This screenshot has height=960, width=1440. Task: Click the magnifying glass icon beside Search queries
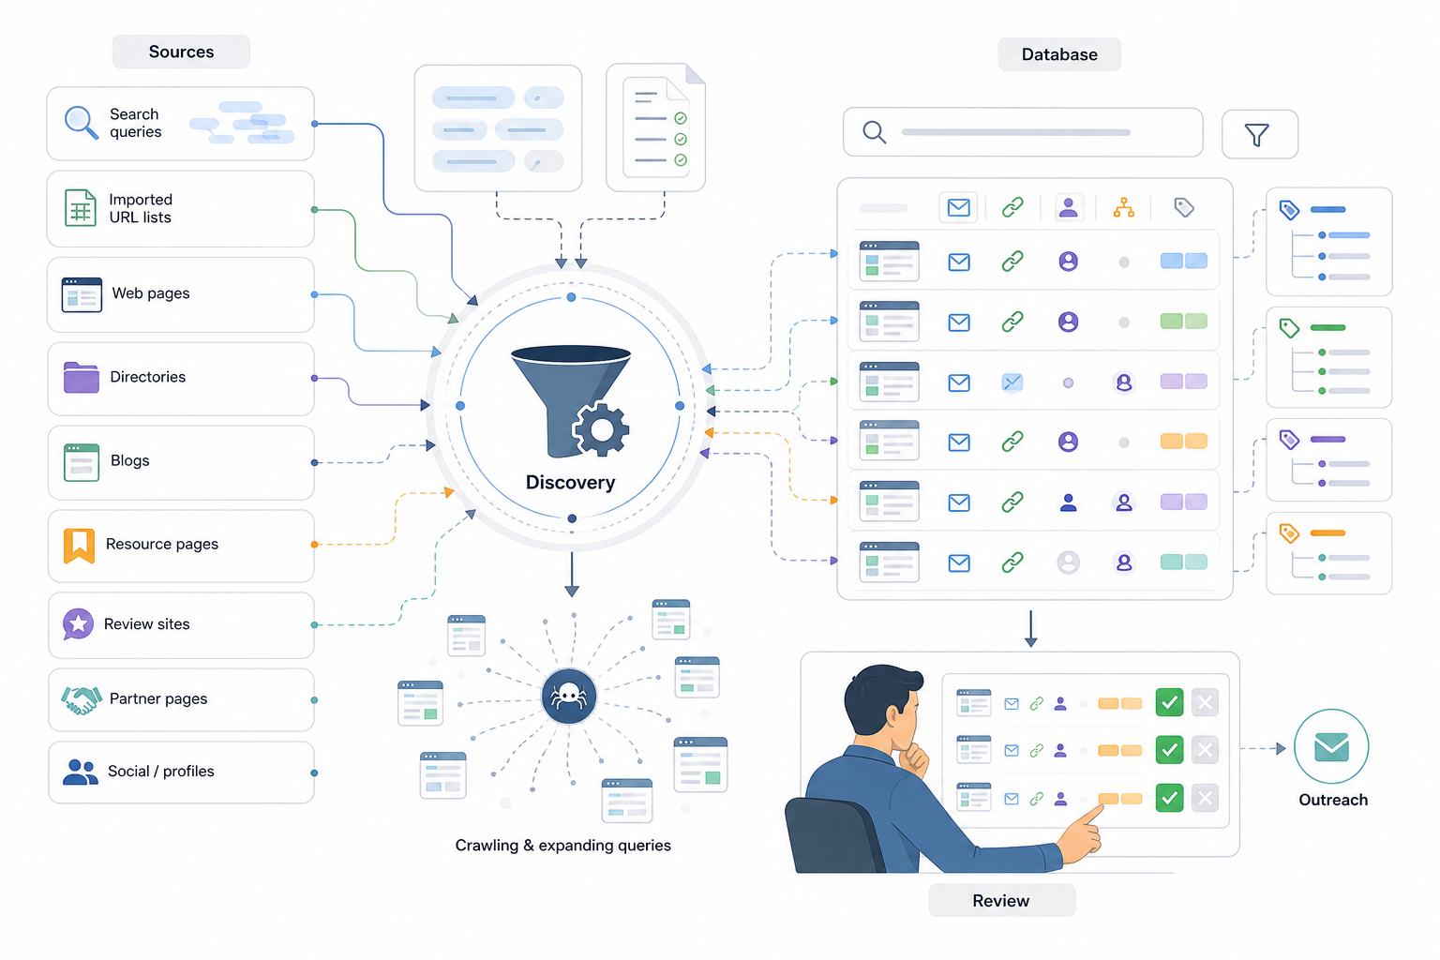(81, 122)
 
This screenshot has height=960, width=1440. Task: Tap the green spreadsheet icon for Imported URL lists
(81, 208)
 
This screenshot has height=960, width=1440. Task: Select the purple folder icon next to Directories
(81, 378)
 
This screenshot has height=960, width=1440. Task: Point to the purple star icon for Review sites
(78, 623)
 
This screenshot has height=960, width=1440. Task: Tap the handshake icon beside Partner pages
(82, 699)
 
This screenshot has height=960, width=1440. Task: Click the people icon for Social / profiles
(81, 772)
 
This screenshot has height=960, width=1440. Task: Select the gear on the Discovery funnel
(601, 429)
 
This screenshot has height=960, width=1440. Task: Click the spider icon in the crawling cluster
(569, 697)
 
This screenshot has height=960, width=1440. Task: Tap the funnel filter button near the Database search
(1259, 134)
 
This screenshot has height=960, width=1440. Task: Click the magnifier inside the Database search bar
(875, 132)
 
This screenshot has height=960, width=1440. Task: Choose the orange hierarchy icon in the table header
(1124, 208)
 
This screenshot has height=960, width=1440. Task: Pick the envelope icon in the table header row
(958, 208)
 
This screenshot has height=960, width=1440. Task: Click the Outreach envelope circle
(1331, 746)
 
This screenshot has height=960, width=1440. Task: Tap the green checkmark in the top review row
(1169, 702)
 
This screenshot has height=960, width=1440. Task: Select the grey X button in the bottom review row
(1205, 798)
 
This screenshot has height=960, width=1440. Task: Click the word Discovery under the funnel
(570, 482)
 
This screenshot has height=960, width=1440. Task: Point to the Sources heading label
(181, 52)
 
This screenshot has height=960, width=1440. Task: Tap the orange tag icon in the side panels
(1289, 533)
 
